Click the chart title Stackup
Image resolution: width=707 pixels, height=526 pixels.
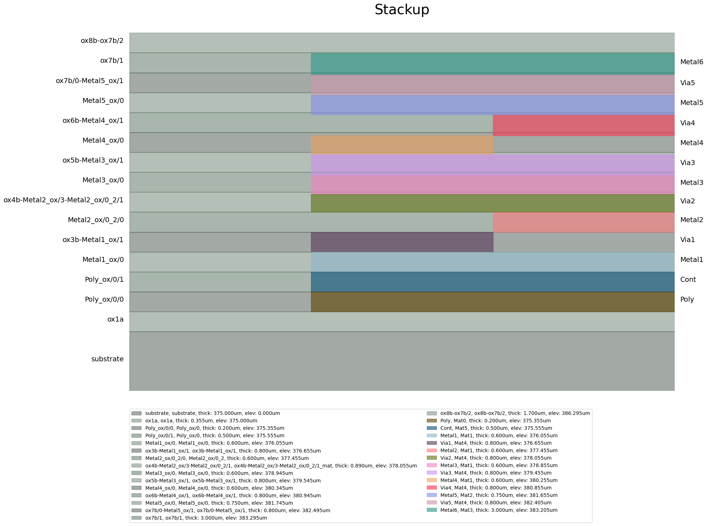tap(402, 10)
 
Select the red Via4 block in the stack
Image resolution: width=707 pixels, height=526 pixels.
tap(583, 125)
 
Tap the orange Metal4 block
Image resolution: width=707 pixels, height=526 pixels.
tap(402, 144)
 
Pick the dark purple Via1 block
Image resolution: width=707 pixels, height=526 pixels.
tap(402, 242)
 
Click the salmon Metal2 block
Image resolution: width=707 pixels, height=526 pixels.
tap(583, 222)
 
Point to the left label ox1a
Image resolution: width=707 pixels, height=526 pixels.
tap(115, 319)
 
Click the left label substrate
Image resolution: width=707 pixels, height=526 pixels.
tap(107, 359)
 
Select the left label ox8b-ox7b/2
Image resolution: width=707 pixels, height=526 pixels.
tap(102, 40)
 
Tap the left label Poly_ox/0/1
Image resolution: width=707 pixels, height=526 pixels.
tap(104, 280)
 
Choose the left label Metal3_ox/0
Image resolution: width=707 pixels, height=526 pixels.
tap(103, 180)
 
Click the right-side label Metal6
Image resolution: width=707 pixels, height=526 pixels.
tap(691, 62)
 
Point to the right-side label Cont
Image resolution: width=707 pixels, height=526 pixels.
tap(688, 280)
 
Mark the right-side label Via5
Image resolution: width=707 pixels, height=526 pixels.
tap(687, 83)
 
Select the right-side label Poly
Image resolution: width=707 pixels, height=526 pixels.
tap(687, 300)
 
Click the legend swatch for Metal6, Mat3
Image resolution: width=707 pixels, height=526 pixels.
tap(432, 510)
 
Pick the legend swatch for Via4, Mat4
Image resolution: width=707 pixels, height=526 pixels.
tap(432, 488)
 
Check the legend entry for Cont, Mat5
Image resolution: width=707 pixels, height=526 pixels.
tap(496, 428)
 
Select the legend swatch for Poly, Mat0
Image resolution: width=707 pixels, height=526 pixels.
tap(432, 421)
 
